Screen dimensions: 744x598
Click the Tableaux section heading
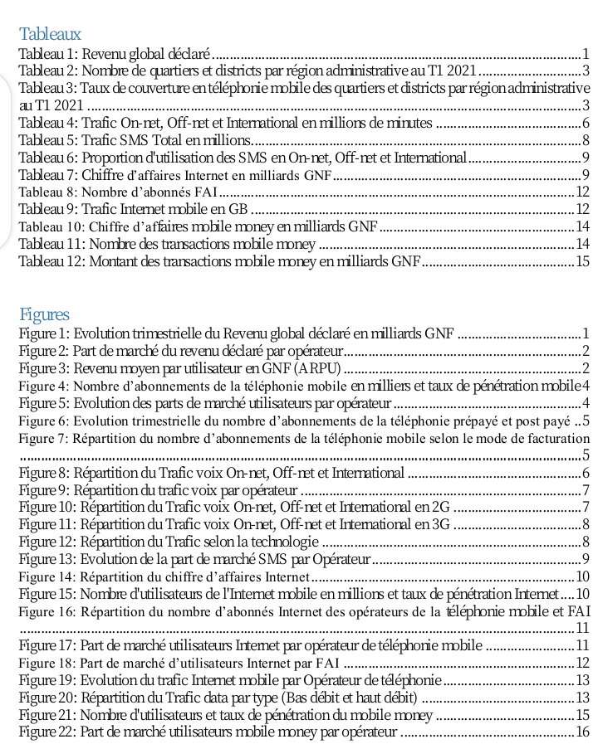50,34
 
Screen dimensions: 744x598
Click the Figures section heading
44,314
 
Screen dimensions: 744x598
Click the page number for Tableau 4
586,123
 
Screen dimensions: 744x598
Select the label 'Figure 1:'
45,333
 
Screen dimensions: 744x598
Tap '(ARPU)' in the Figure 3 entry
317,368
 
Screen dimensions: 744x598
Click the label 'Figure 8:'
45,473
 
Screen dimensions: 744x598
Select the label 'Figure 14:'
47,577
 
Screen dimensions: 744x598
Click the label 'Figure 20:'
48,698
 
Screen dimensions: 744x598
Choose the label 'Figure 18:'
47,663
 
